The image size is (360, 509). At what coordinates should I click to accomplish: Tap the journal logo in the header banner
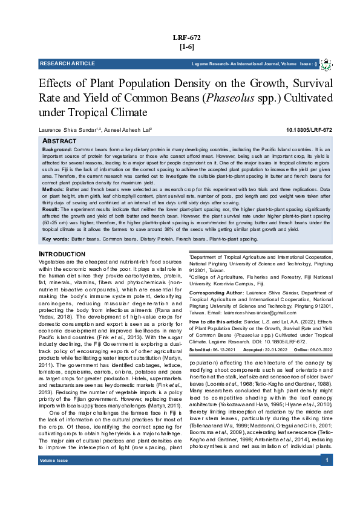click(326, 64)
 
